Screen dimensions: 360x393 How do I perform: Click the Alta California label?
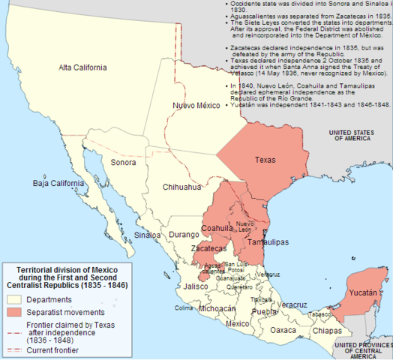pyautogui.click(x=82, y=67)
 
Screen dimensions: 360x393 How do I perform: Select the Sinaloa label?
pyautogui.click(x=148, y=235)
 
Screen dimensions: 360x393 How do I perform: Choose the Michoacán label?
pyautogui.click(x=217, y=308)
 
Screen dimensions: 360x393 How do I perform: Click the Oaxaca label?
pyautogui.click(x=283, y=330)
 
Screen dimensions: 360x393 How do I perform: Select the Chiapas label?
pyautogui.click(x=327, y=330)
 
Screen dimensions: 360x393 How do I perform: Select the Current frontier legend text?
pyautogui.click(x=54, y=349)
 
